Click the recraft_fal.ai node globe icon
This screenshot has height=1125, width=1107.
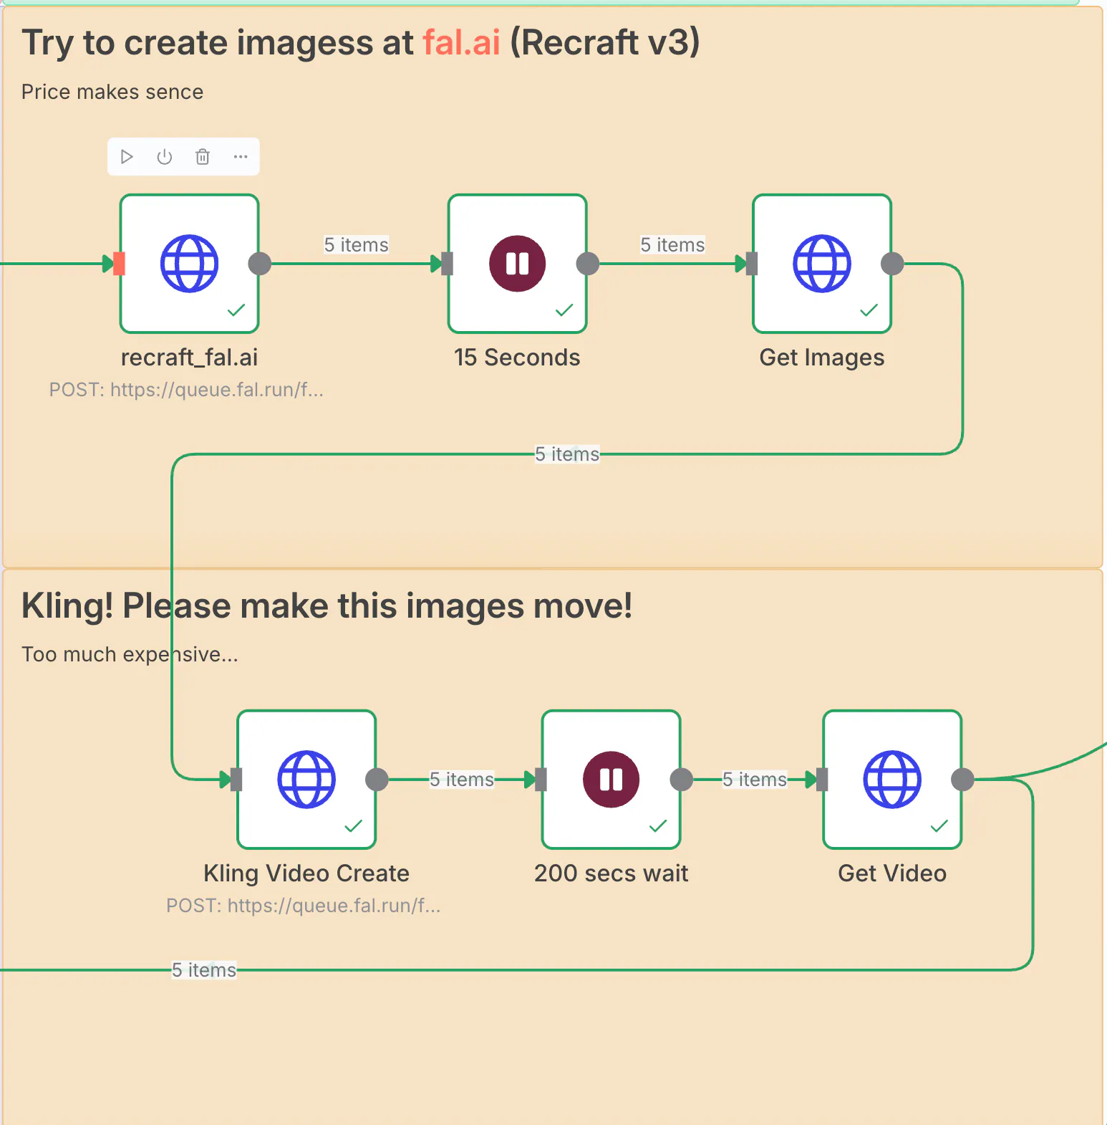(x=189, y=264)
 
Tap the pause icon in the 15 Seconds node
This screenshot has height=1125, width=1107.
(x=517, y=264)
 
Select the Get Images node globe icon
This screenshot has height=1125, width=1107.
(x=821, y=264)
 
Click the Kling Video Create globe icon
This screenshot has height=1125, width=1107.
(x=306, y=780)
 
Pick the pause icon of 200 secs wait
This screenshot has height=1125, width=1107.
(x=611, y=780)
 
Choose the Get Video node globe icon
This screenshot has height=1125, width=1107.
(x=891, y=780)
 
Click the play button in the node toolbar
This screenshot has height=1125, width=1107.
(x=127, y=157)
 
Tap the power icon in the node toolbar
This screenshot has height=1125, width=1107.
(x=165, y=157)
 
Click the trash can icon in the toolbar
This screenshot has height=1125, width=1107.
(x=203, y=157)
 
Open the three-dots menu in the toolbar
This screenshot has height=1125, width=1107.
(x=241, y=157)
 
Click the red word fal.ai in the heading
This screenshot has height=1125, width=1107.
(x=461, y=42)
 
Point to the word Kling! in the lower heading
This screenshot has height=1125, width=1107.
(x=67, y=606)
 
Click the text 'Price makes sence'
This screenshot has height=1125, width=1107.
(x=112, y=92)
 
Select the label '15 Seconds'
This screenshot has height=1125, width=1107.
(x=517, y=358)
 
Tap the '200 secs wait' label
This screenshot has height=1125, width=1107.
(x=611, y=873)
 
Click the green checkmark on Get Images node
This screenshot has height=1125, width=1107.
(x=869, y=310)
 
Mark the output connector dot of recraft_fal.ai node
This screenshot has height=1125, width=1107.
(x=259, y=264)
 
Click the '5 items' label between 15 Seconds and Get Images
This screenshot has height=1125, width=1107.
(x=672, y=245)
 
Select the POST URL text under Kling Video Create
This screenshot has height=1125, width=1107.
(x=304, y=906)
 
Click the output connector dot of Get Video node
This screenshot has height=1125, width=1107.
(x=962, y=780)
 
